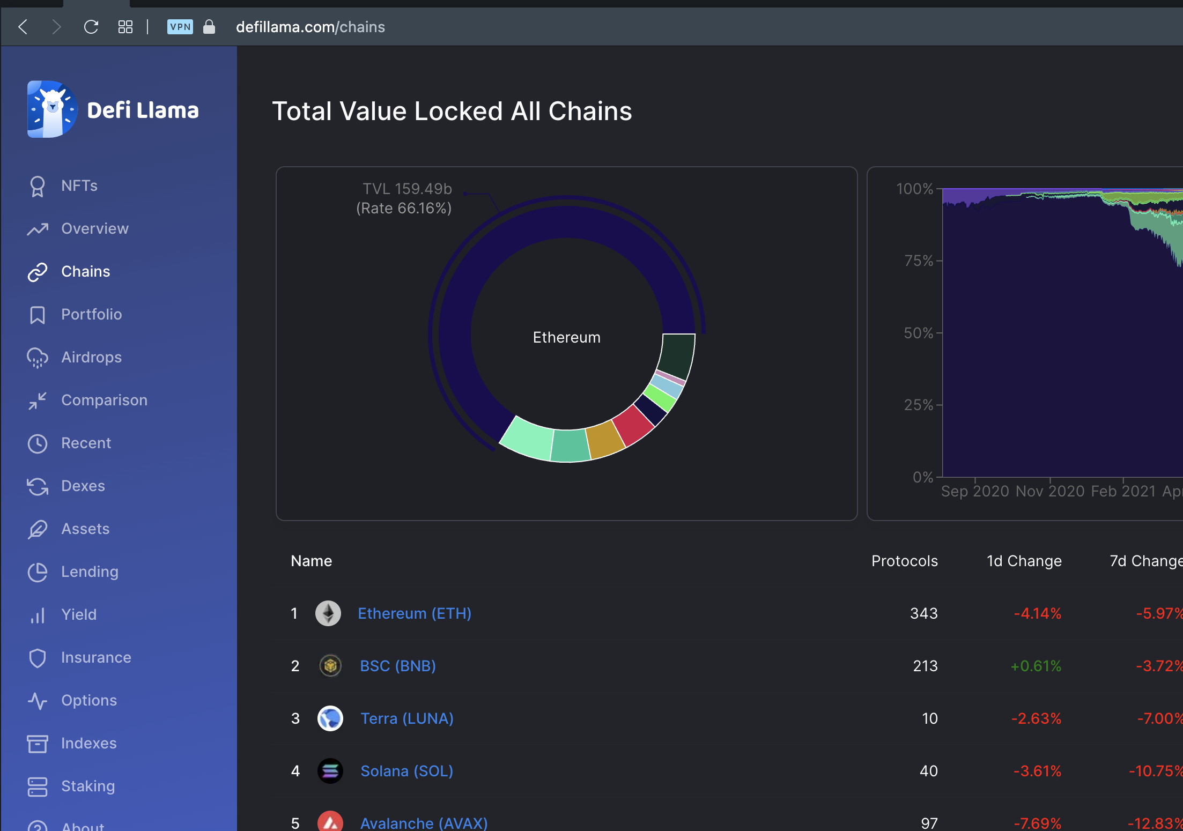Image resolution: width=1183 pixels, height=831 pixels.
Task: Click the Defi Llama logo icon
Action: [52, 109]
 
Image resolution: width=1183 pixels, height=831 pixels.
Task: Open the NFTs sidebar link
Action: [79, 186]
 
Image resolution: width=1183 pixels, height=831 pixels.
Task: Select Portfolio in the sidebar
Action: [91, 314]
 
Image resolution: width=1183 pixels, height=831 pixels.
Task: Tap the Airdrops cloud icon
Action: [38, 358]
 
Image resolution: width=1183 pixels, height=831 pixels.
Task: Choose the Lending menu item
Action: [90, 572]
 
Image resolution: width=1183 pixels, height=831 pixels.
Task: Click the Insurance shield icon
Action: [38, 658]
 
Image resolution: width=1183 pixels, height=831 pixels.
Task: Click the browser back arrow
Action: [23, 27]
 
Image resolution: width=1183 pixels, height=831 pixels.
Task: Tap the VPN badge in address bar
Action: [180, 27]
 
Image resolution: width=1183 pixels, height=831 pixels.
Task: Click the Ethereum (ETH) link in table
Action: [415, 613]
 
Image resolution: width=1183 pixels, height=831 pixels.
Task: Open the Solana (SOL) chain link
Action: [407, 771]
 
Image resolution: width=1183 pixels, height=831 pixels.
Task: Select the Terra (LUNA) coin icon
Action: [330, 718]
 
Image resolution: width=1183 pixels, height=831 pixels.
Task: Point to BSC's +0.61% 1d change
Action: [1036, 666]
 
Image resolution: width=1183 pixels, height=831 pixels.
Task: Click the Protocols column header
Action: [905, 561]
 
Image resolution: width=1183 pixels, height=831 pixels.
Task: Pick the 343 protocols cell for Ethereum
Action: [924, 613]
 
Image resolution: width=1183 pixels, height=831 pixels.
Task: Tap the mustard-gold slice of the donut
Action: [605, 440]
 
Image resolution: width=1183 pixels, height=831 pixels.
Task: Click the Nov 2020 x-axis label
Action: [1050, 491]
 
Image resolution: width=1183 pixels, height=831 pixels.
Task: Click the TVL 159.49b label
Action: [408, 189]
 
